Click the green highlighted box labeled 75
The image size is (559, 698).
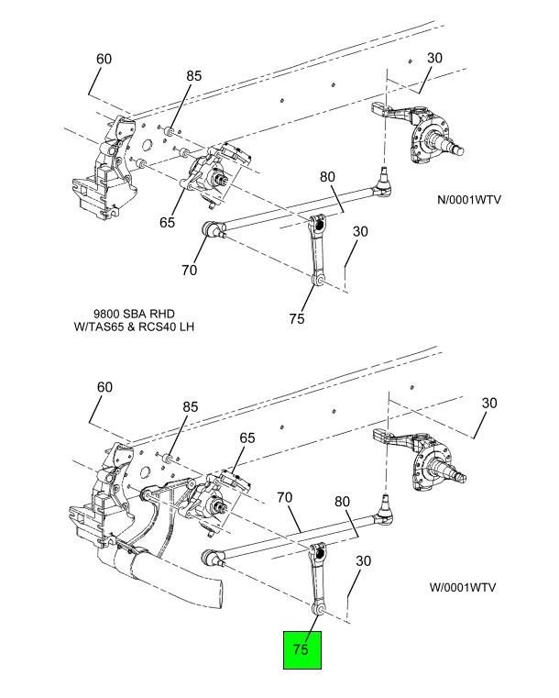pos(302,650)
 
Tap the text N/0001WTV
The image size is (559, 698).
pos(468,199)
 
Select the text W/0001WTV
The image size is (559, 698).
pos(463,587)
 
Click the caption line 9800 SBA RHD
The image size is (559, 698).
pos(134,314)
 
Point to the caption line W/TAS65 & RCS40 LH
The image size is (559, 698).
pos(134,327)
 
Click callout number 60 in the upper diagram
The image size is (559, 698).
pos(104,59)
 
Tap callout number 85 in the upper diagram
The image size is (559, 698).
pos(194,76)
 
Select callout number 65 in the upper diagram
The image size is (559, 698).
pos(167,222)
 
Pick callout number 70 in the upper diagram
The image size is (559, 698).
pos(189,270)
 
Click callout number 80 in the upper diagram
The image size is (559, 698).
pos(327,177)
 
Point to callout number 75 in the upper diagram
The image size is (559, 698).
pos(297,318)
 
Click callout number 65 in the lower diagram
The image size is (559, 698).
pos(247,438)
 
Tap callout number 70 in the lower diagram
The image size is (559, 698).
pos(285,497)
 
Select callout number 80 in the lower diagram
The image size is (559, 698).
pos(342,502)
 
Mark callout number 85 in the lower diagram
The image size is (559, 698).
pos(191,407)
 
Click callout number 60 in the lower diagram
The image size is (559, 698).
pos(104,387)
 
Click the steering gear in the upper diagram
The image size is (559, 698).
pos(215,172)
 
